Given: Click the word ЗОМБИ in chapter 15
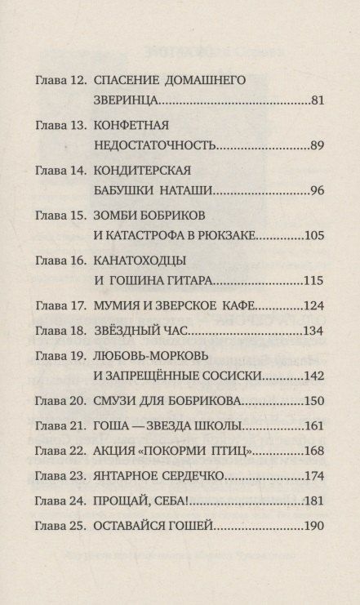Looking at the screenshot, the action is click(x=118, y=216).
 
